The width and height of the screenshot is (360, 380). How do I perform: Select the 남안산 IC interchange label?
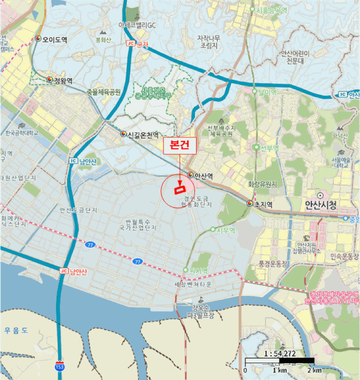[83, 161]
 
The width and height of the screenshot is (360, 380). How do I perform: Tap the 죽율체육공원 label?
[103, 92]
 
